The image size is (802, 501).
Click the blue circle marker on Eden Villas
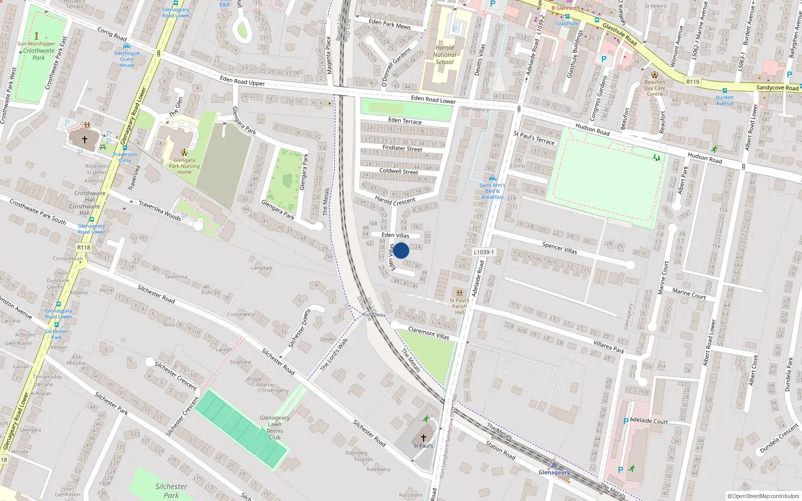click(x=401, y=250)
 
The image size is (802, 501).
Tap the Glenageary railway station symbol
click(x=554, y=465)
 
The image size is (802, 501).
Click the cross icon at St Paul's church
click(x=424, y=438)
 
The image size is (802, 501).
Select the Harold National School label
click(x=445, y=55)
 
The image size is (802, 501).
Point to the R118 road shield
click(x=84, y=247)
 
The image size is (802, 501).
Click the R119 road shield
click(x=693, y=82)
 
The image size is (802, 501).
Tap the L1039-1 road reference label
click(x=484, y=252)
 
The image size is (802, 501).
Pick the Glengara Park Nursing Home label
click(x=184, y=166)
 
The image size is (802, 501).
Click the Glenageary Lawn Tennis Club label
click(x=274, y=427)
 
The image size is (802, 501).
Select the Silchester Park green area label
click(x=171, y=490)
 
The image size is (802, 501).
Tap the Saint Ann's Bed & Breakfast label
click(x=492, y=191)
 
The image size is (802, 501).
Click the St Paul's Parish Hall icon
click(x=459, y=293)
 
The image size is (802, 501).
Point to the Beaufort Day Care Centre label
click(x=655, y=88)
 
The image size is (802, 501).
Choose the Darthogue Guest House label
click(x=127, y=59)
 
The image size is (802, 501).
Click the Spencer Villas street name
click(x=559, y=248)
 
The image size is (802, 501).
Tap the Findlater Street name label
click(x=402, y=148)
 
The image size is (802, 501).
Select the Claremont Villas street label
click(x=429, y=333)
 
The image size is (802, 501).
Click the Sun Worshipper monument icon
click(x=36, y=36)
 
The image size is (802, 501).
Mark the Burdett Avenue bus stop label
click(x=725, y=100)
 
